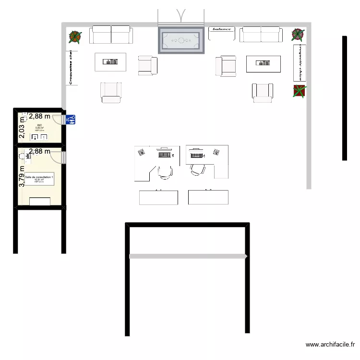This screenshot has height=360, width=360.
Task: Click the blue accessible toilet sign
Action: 71,120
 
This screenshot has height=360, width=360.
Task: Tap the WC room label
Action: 39,126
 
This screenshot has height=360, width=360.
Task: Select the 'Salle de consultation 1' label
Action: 39,178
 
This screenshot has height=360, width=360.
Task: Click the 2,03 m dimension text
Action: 22,128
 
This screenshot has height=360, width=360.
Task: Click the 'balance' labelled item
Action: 222,30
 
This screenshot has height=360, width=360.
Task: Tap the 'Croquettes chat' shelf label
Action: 71,68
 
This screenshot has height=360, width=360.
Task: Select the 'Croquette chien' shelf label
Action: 300,62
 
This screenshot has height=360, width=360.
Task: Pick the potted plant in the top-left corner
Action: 75,36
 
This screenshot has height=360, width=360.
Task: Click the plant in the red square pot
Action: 300,91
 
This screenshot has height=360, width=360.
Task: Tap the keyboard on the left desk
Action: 165,155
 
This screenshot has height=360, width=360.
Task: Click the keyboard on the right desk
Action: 197,155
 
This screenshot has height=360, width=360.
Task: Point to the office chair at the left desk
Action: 165,171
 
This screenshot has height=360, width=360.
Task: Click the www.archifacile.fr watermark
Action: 330,344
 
